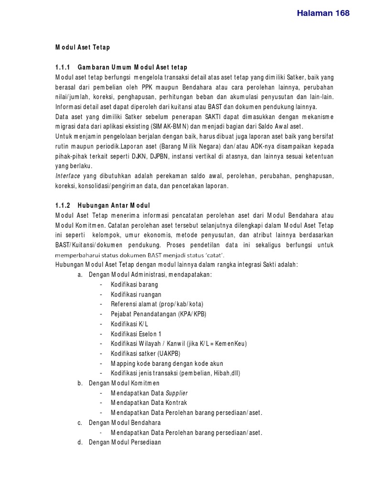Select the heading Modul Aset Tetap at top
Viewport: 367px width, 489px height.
click(x=83, y=47)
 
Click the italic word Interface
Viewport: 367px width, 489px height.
click(x=69, y=176)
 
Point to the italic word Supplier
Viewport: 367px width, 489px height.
click(x=176, y=393)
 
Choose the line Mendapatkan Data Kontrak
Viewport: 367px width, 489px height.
click(x=146, y=403)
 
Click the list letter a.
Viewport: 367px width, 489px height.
click(x=79, y=275)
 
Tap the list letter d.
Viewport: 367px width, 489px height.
click(x=79, y=443)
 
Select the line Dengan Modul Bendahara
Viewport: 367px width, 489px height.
click(x=125, y=423)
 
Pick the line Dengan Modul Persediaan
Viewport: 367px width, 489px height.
click(x=125, y=443)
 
